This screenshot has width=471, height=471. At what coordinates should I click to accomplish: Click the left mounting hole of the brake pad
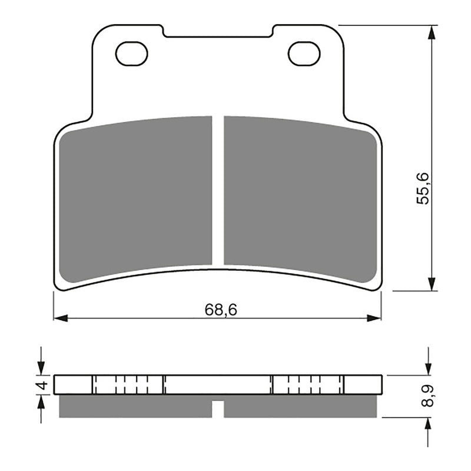tap(132, 54)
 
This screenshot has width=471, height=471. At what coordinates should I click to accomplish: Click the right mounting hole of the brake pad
tap(304, 54)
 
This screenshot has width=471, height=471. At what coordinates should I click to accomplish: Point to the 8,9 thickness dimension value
tap(429, 396)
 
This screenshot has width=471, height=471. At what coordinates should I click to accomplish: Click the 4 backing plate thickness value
tap(41, 386)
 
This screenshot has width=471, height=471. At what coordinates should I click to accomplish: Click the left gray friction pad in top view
tap(136, 198)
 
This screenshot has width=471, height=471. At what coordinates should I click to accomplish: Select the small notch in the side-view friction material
tap(218, 405)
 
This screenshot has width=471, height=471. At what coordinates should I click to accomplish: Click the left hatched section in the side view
tap(128, 385)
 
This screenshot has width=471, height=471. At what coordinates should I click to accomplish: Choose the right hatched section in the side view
tap(308, 385)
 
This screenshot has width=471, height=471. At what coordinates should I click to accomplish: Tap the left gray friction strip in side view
tap(136, 407)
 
